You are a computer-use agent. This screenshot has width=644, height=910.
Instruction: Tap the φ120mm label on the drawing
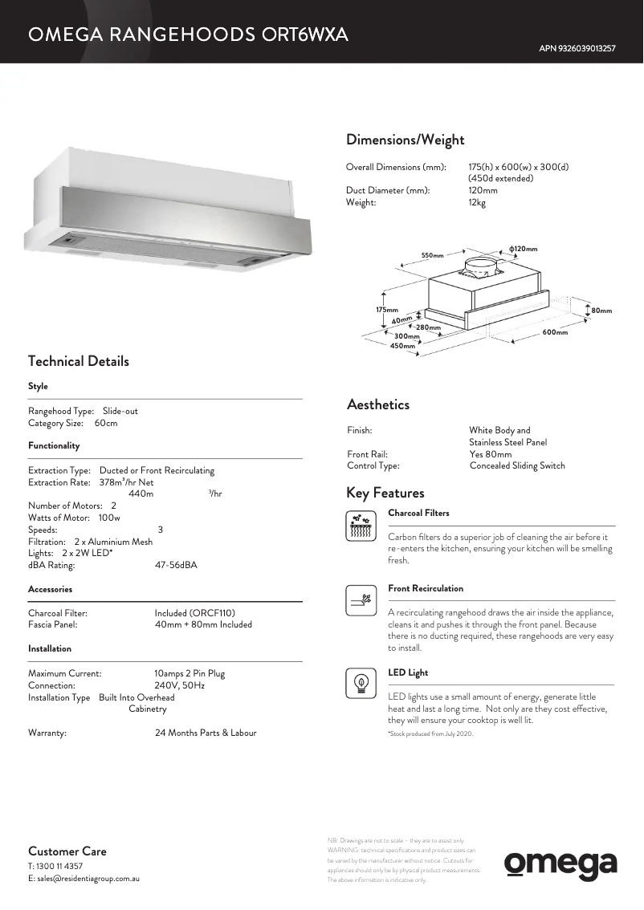(523, 249)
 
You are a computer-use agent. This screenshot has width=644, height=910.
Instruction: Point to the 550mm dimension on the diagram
(432, 255)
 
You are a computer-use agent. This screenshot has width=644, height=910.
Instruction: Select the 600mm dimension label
(555, 332)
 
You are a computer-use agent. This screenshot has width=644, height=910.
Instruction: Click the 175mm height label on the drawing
(387, 310)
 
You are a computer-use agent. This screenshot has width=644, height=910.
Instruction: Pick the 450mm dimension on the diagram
(402, 346)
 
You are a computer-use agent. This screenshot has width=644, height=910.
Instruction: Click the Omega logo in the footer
(560, 865)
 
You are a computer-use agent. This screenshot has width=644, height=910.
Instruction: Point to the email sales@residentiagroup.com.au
(84, 879)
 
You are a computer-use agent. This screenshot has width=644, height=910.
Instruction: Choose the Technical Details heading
(79, 361)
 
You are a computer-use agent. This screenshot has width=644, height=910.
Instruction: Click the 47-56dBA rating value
(176, 565)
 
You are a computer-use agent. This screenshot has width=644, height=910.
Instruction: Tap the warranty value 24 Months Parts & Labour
(206, 733)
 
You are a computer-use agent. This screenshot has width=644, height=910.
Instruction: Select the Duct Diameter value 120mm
(483, 190)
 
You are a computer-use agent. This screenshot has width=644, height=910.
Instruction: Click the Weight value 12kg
(477, 202)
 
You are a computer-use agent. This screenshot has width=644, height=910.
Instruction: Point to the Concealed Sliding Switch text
(517, 465)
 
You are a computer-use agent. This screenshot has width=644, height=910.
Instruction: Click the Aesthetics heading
(378, 404)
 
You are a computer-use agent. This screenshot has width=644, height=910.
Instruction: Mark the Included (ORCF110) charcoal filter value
(195, 613)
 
